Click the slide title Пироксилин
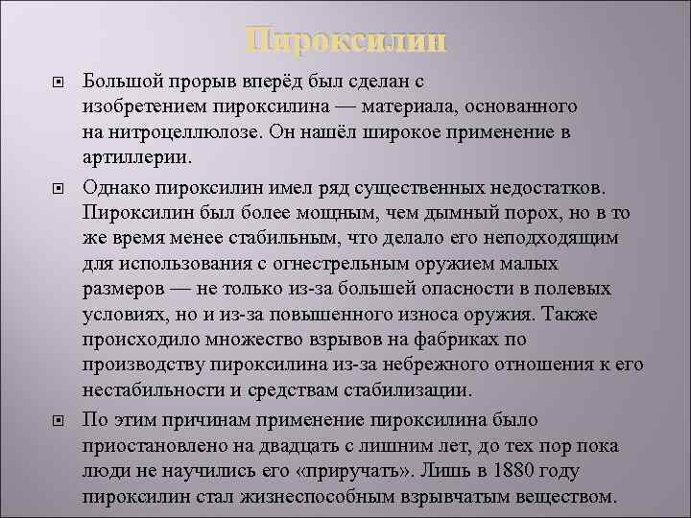pyautogui.click(x=345, y=41)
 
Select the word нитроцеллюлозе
pyautogui.click(x=190, y=131)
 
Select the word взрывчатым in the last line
pyautogui.click(x=438, y=498)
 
